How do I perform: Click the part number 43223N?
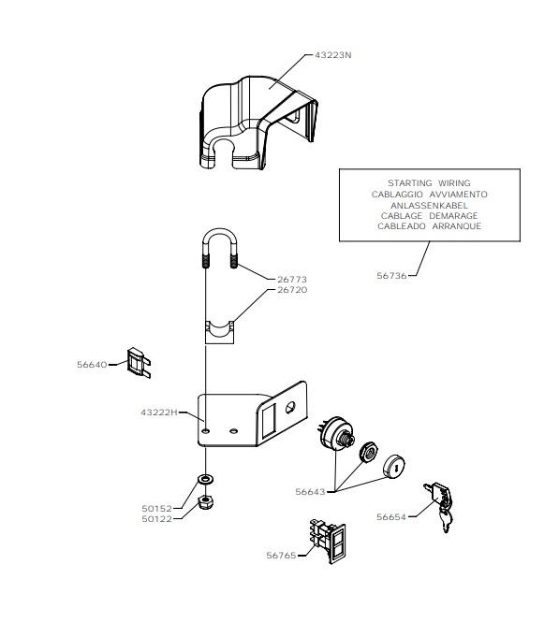click(332, 55)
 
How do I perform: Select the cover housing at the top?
click(258, 122)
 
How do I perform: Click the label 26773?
click(292, 280)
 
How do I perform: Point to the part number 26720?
click(292, 290)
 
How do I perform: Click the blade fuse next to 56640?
click(139, 362)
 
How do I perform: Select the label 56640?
click(92, 365)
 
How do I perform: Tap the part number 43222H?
click(159, 413)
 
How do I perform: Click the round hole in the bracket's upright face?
click(290, 407)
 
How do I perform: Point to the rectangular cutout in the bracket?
click(269, 421)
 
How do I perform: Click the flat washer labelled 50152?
click(206, 479)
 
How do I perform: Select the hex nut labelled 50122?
click(205, 501)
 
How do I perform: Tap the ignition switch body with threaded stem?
click(336, 433)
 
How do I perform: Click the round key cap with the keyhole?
click(393, 466)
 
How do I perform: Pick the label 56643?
click(310, 492)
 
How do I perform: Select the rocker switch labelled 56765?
click(328, 541)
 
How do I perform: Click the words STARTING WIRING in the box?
click(429, 183)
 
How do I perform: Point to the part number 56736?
click(391, 276)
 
